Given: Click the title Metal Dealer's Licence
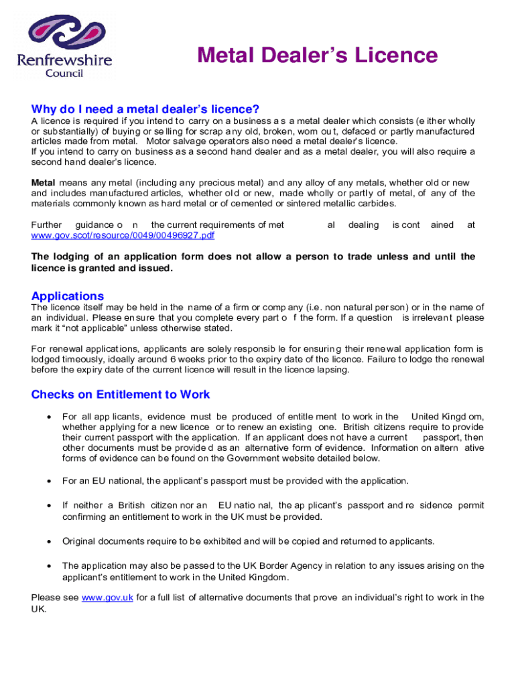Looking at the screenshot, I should click(x=317, y=55).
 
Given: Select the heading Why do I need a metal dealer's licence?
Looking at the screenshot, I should click(x=145, y=109).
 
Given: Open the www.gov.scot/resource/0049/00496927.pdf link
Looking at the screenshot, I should click(x=123, y=236).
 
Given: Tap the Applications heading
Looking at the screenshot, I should click(x=68, y=296).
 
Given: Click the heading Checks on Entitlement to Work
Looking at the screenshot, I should click(x=121, y=394).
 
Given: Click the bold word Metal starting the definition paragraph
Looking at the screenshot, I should click(x=44, y=183).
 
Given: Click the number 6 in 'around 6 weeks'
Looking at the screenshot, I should click(x=174, y=359).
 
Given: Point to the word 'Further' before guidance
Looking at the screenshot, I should click(x=46, y=225).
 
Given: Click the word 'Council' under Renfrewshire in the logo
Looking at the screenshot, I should click(x=64, y=73).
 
